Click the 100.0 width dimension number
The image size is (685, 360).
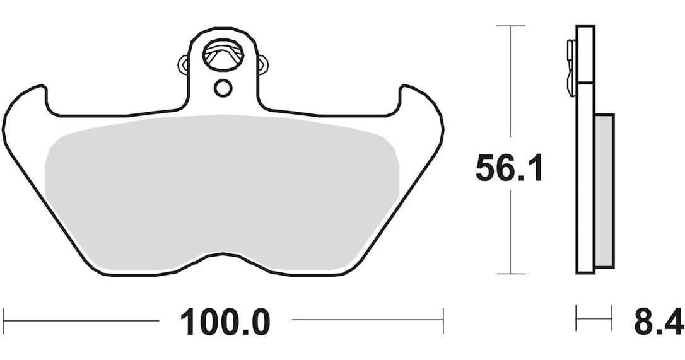click(225, 322)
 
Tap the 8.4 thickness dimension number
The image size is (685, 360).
click(658, 322)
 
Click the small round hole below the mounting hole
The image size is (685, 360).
click(223, 88)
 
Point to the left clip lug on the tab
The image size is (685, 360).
click(184, 65)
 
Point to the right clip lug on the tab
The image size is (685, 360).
click(262, 65)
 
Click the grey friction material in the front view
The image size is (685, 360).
click(223, 192)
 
